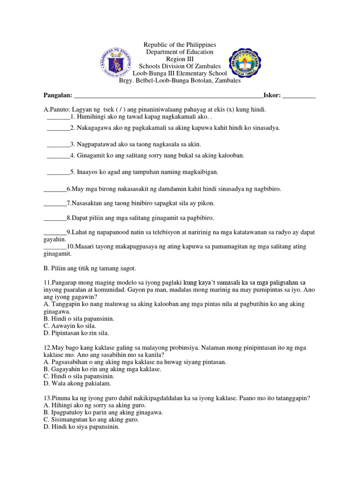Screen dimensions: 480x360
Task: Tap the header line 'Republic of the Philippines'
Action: tap(180, 45)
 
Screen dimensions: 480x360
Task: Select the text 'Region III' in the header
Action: tap(180, 59)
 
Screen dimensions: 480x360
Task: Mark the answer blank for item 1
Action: tap(58, 117)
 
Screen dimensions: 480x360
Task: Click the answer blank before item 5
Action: tap(58, 173)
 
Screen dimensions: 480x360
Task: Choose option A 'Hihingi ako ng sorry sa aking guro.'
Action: tap(95, 405)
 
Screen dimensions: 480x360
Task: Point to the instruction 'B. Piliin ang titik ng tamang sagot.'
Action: tap(90, 269)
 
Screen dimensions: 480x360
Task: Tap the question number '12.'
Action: tap(47, 347)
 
